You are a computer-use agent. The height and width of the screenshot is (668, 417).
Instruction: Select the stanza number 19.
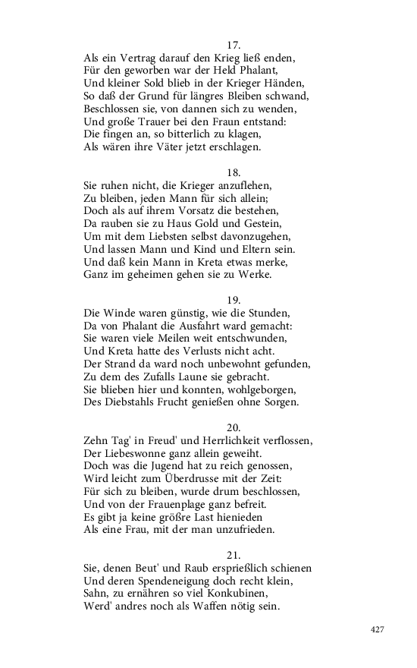pos(234,298)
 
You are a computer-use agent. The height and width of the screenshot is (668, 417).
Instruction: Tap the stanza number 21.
pos(234,553)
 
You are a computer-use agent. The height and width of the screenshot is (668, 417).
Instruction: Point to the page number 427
pos(378,629)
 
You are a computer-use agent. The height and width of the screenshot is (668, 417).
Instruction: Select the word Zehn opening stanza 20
pos(96,440)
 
